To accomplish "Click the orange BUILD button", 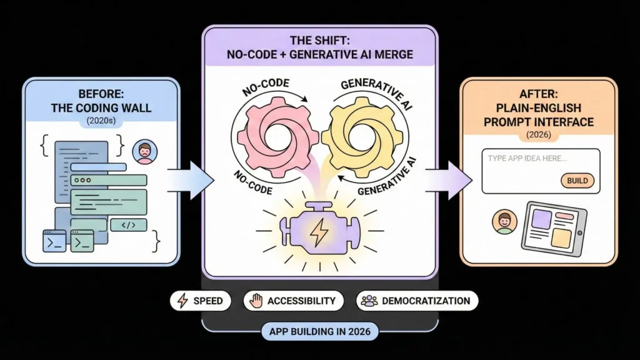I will tap(577, 181).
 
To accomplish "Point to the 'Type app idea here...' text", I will tap(527, 159).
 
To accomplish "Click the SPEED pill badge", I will tap(200, 301).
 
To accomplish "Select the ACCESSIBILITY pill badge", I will tap(293, 301).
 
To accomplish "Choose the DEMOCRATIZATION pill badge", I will tap(417, 301).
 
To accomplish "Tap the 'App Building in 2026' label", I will tap(319, 332).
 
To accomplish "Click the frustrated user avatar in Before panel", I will tap(145, 152).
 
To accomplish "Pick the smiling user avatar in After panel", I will tap(504, 222).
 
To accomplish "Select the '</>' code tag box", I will tap(128, 225).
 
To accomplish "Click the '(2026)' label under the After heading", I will tap(539, 134).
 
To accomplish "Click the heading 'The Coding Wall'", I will tap(101, 107).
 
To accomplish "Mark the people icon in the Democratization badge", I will tap(369, 301).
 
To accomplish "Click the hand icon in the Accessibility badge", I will tap(255, 301).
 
